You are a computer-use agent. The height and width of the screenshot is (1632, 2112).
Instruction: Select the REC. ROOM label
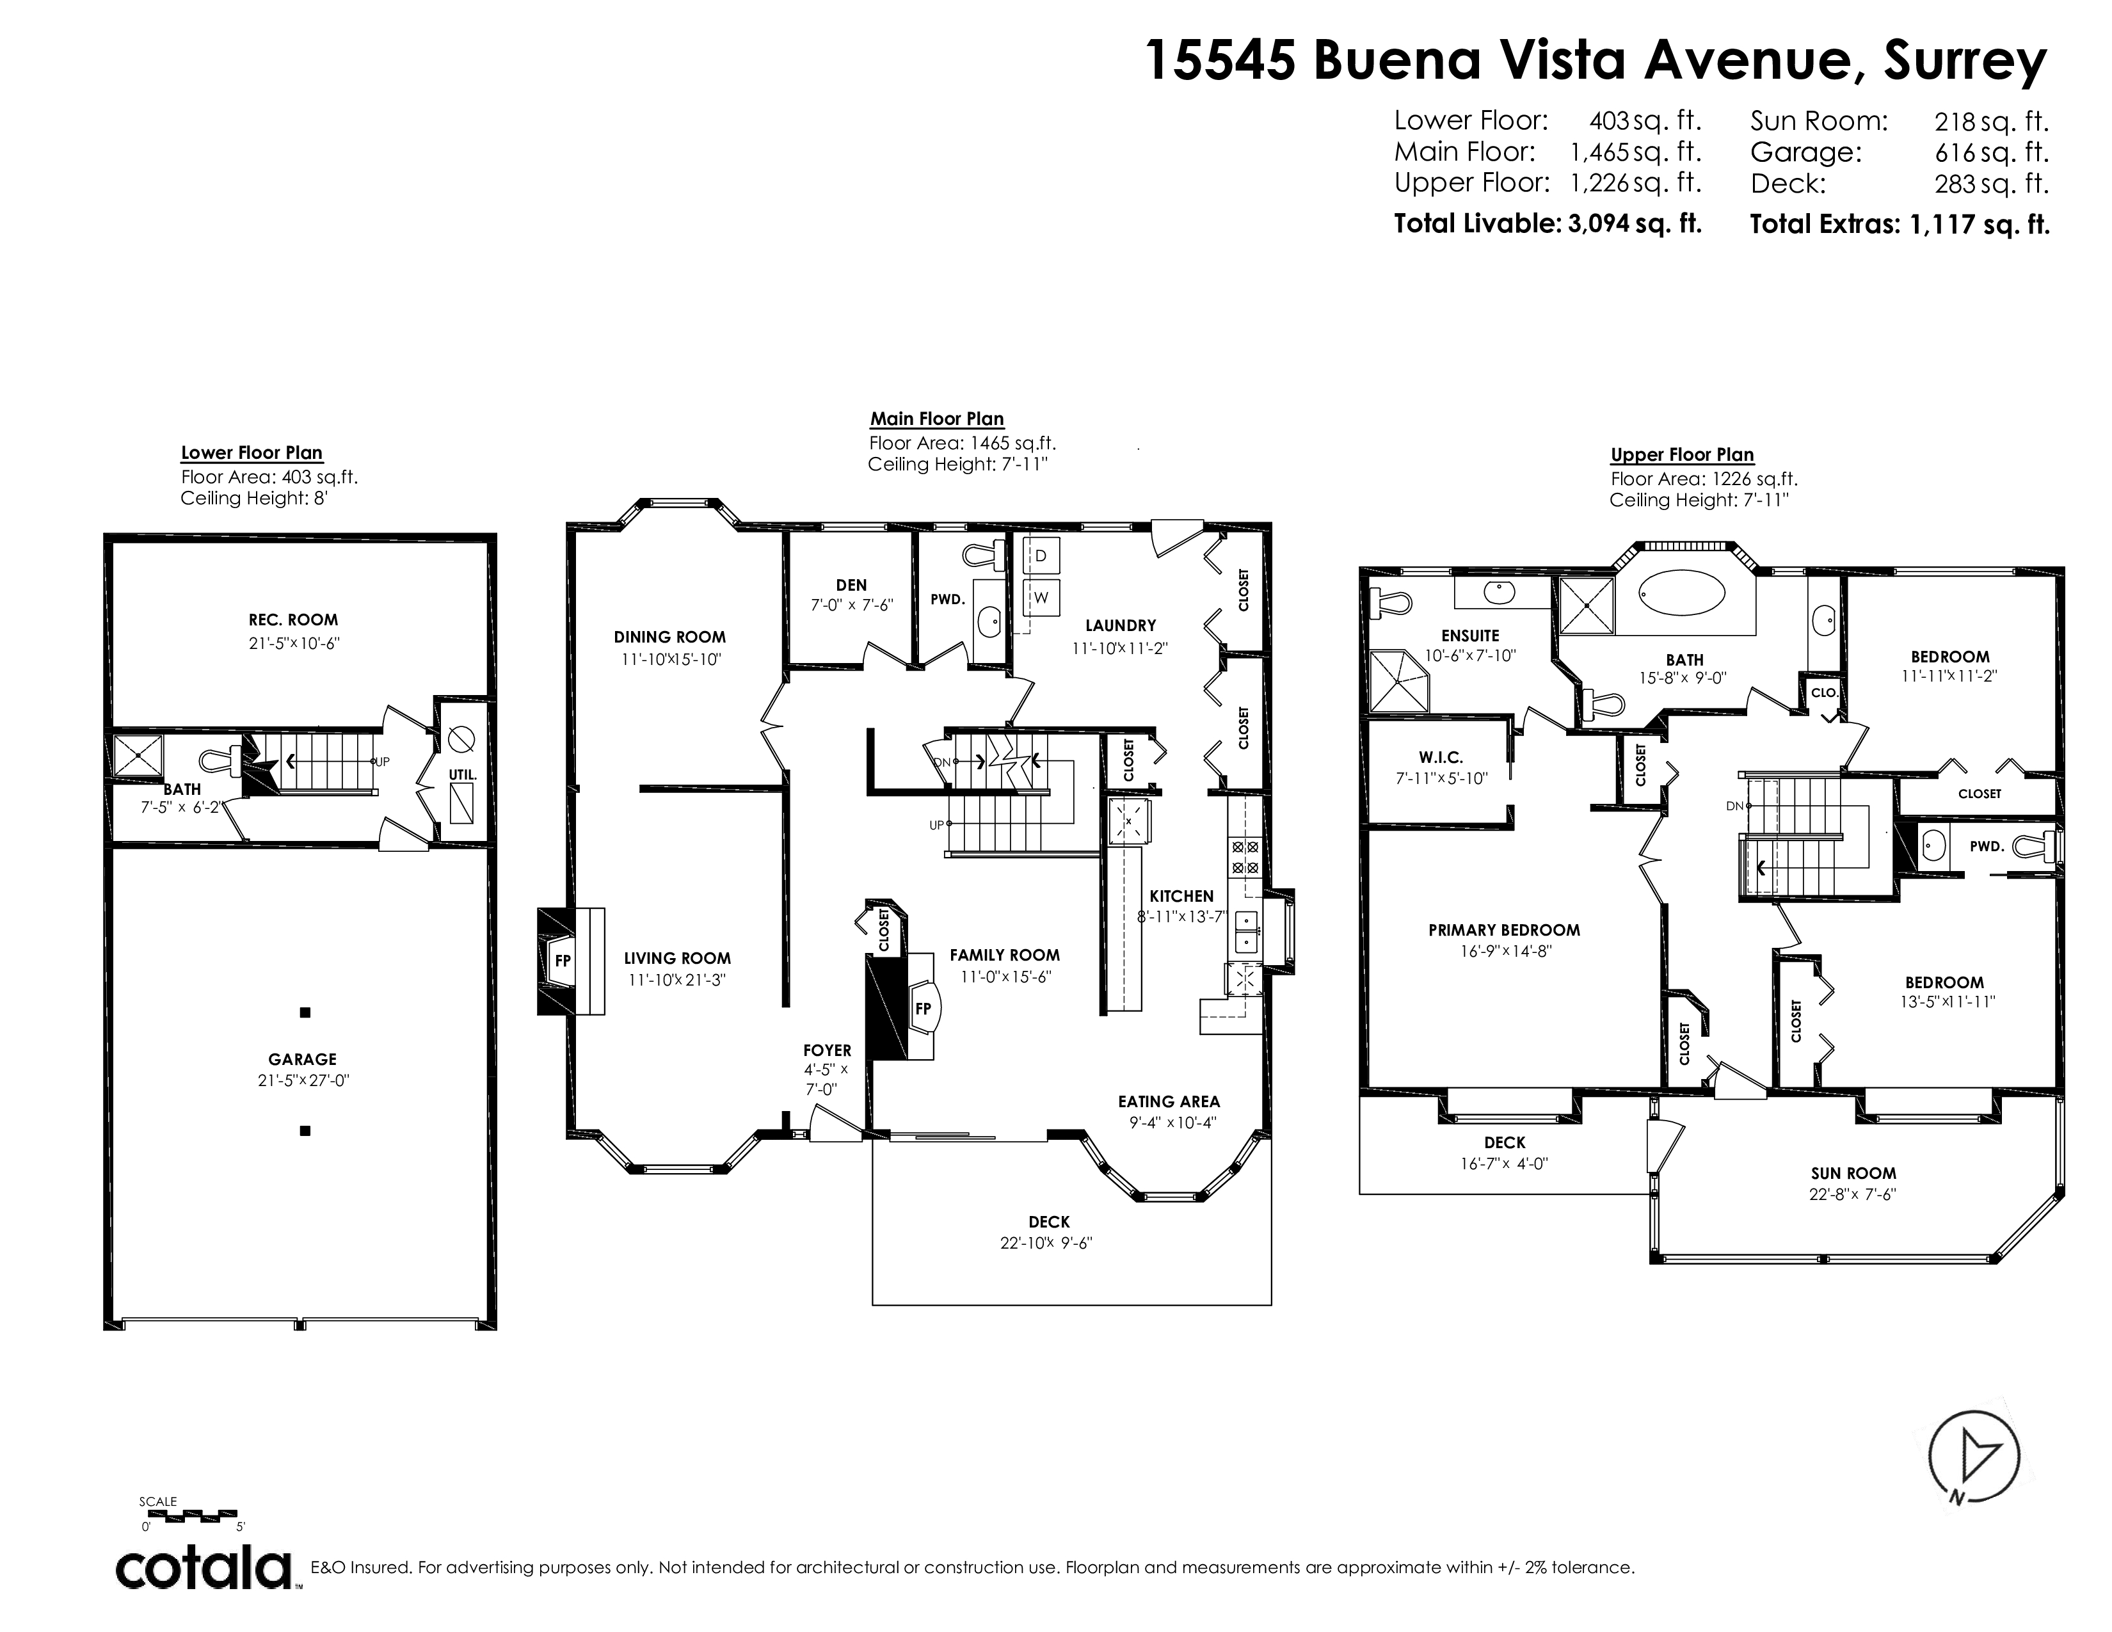point(293,620)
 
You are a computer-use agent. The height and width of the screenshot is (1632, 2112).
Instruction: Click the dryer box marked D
point(1041,556)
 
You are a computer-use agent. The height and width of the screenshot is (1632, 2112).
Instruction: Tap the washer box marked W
point(1041,598)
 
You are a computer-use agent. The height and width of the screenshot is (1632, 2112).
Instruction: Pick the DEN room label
point(851,585)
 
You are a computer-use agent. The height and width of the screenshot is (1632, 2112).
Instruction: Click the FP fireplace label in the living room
point(562,961)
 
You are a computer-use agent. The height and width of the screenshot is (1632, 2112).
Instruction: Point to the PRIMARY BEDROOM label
point(1505,930)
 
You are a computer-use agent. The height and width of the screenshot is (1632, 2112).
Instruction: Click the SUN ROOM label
point(1853,1172)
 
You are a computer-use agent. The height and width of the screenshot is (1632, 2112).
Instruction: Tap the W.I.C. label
point(1441,758)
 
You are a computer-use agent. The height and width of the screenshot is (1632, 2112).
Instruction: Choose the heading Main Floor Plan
point(937,419)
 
